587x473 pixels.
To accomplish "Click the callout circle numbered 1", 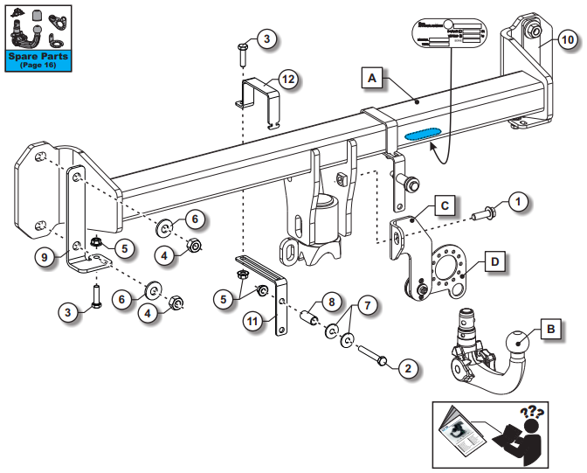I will pyautogui.click(x=518, y=204).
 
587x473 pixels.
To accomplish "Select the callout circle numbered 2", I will pyautogui.click(x=406, y=369).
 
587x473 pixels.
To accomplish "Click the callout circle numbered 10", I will pyautogui.click(x=567, y=39).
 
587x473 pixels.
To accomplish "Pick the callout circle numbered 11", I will pyautogui.click(x=252, y=322).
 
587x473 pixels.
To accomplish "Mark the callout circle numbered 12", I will pyautogui.click(x=287, y=80).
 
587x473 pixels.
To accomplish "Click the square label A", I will pyautogui.click(x=371, y=79).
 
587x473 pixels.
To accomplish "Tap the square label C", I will pyautogui.click(x=444, y=206).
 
